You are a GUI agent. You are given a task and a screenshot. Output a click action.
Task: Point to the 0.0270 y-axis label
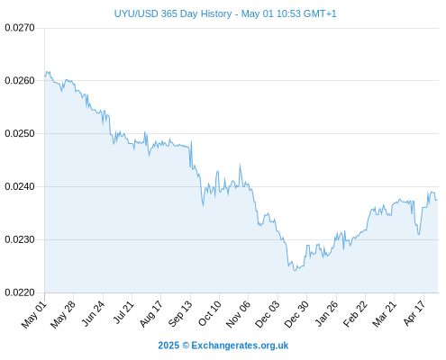[20, 28]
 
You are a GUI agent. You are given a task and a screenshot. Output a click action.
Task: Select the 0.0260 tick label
[20, 81]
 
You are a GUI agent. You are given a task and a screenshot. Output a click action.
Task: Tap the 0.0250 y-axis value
[20, 133]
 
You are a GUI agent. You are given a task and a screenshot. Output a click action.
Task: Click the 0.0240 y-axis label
[20, 186]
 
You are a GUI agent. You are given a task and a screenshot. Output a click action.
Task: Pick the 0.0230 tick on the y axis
[20, 239]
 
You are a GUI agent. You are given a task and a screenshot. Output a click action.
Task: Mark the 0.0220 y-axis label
[20, 292]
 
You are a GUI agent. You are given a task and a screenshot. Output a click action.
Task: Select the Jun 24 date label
[93, 314]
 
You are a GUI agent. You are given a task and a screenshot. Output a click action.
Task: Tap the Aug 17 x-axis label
[150, 314]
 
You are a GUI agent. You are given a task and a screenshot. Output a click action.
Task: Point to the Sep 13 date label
[179, 314]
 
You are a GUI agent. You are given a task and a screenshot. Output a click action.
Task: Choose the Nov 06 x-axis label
[238, 314]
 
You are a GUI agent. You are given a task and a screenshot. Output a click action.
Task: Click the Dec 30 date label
[296, 314]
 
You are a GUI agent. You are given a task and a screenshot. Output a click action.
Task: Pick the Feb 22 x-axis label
[355, 314]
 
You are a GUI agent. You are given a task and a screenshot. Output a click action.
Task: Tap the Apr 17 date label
[414, 313]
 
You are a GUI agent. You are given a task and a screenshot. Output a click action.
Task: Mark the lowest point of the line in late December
[295, 271]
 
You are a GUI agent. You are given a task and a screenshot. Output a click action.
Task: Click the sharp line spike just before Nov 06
[240, 164]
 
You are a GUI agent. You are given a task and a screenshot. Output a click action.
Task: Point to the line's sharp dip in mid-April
[418, 234]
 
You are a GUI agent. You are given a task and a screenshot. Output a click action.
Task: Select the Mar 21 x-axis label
[384, 314]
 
